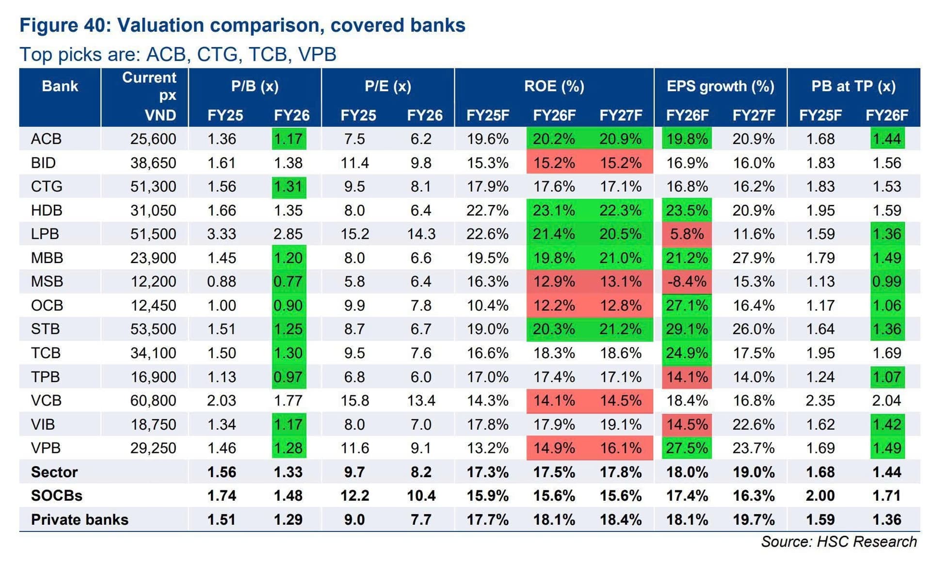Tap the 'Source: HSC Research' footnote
[x=839, y=542]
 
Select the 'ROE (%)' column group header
[x=554, y=86]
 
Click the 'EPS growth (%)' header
[x=720, y=86]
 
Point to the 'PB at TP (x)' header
[x=853, y=86]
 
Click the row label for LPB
[x=45, y=234]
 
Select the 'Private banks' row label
[x=80, y=519]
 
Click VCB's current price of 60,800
[x=153, y=401]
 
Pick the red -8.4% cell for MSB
[x=687, y=281]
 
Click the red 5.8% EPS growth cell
[x=687, y=234]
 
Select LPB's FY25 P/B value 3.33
[x=222, y=234]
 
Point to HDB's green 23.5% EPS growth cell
[x=687, y=210]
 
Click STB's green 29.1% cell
[x=687, y=329]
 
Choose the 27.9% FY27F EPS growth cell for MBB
[x=754, y=258]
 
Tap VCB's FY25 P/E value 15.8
[x=355, y=401]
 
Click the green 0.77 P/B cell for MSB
[x=289, y=281]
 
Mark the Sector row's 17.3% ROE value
[x=488, y=472]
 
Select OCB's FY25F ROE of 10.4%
[x=488, y=305]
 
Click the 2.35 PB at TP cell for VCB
[x=820, y=401]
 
